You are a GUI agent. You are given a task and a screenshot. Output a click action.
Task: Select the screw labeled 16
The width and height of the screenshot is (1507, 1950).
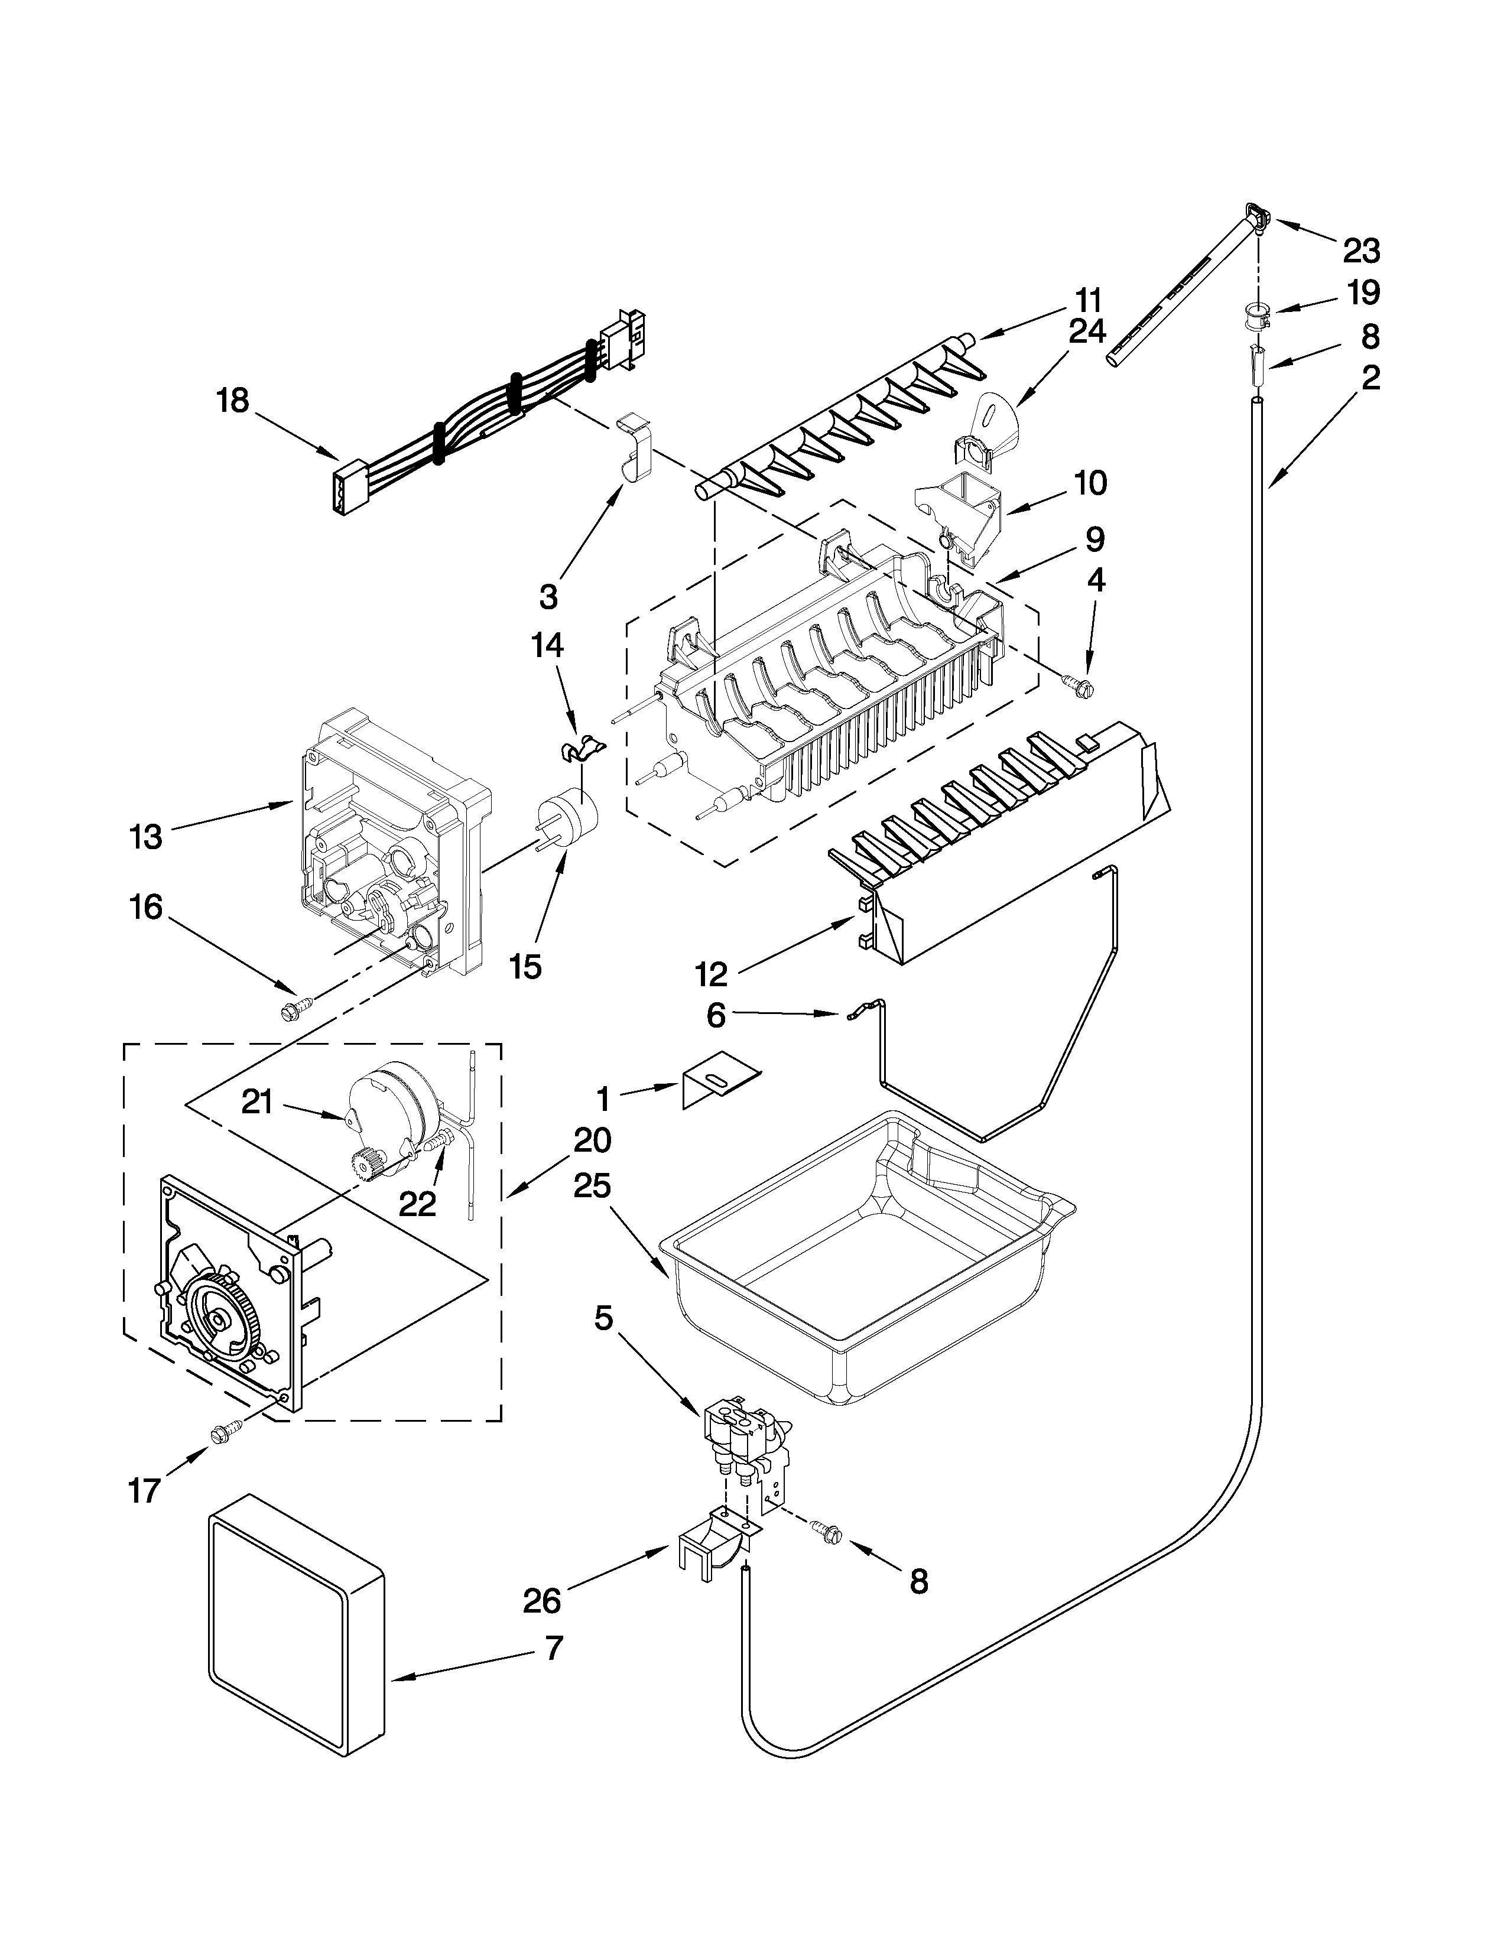pyautogui.click(x=295, y=1009)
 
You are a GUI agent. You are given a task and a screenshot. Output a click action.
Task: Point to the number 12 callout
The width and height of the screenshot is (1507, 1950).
pyautogui.click(x=712, y=974)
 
